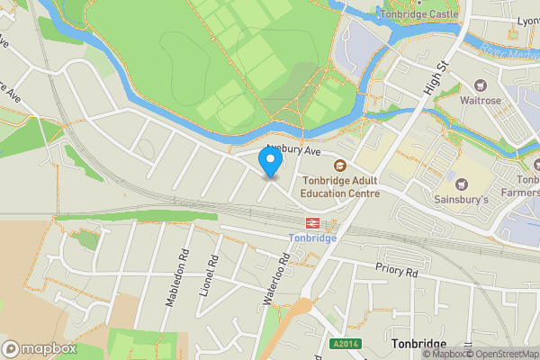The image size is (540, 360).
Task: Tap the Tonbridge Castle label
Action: [x=419, y=14]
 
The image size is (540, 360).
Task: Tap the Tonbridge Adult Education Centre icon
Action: [x=340, y=165]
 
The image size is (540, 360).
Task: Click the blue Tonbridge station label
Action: [x=312, y=238]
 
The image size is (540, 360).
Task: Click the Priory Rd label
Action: [x=398, y=270]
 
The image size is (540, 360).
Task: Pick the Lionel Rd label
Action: [x=212, y=274]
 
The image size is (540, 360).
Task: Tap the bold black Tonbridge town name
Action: [x=419, y=345]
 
